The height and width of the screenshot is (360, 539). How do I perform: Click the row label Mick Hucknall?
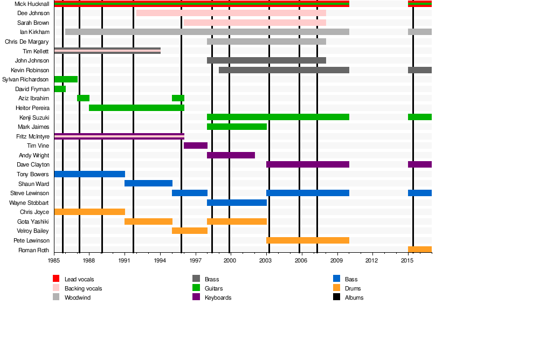tap(32, 4)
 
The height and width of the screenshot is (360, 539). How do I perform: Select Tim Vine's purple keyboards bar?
tap(196, 146)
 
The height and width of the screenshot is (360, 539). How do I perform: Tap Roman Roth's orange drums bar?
tap(419, 250)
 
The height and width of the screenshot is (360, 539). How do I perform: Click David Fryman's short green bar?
tap(60, 89)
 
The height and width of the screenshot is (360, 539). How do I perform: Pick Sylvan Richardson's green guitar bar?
tap(66, 79)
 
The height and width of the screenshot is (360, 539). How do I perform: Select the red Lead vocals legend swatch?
tap(56, 279)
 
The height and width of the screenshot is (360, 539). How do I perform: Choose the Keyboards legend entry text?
tap(218, 297)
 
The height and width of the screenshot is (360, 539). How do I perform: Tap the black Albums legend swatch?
tap(336, 297)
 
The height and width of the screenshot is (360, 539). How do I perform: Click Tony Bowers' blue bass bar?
tap(89, 174)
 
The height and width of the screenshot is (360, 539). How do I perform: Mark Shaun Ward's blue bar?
tap(148, 183)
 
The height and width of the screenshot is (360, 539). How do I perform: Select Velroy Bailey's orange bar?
tap(190, 231)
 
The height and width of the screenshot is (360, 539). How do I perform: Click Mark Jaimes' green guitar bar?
tap(237, 127)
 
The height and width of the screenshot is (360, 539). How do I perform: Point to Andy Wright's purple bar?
tap(231, 155)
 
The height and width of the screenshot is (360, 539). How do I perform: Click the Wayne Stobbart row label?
tap(29, 203)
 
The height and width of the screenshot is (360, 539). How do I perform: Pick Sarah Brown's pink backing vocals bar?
tap(254, 23)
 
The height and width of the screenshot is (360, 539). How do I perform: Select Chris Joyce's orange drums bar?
tap(89, 212)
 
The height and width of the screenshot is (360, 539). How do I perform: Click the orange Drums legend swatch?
tap(336, 288)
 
